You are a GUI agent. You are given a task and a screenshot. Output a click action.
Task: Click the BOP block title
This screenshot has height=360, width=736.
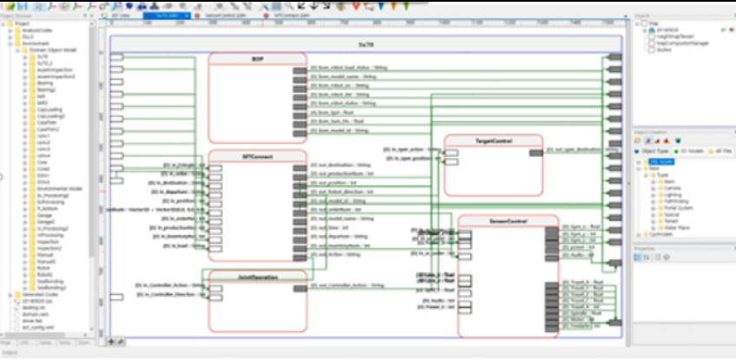click(257, 59)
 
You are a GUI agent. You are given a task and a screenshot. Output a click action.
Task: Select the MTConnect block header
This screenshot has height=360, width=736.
click(257, 156)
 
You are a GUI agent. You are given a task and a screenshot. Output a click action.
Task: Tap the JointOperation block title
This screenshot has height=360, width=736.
click(257, 277)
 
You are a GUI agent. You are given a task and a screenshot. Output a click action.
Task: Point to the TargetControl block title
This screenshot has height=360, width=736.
click(493, 140)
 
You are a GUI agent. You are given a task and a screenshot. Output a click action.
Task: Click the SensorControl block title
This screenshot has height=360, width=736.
click(508, 220)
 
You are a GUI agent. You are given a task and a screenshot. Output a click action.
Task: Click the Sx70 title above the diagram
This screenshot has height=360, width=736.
click(365, 42)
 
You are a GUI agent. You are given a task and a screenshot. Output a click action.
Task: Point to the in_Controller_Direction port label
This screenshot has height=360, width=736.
click(169, 294)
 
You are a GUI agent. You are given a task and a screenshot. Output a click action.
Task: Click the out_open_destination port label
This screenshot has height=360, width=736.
click(577, 149)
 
